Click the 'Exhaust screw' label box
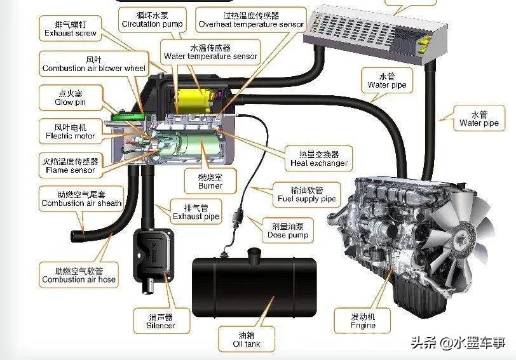[x=70, y=28]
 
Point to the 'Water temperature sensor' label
[x=210, y=51]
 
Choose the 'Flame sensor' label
[x=70, y=165]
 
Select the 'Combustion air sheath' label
[x=81, y=198]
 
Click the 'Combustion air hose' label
[x=79, y=274]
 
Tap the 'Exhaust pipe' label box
[x=196, y=211]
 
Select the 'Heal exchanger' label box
[x=319, y=158]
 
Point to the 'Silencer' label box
[x=160, y=321]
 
